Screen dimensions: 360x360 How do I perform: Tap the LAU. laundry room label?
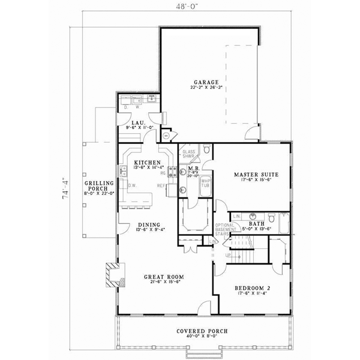tap(130, 122)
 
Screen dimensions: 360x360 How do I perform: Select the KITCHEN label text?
tap(147, 163)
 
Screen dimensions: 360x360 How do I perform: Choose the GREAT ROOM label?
tap(163, 277)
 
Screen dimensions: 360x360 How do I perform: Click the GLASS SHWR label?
tap(189, 154)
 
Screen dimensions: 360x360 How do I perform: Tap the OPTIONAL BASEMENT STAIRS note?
tap(224, 231)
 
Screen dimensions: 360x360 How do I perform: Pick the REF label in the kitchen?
tap(161, 185)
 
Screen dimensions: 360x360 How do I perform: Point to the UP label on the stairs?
tap(227, 256)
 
